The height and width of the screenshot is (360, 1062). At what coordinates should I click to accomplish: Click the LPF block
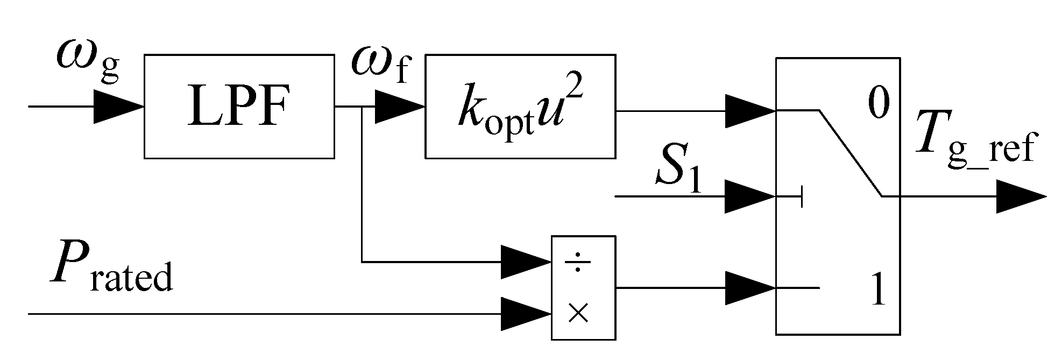[x=239, y=106]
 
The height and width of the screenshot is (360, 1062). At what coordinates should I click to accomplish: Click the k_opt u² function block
[x=520, y=106]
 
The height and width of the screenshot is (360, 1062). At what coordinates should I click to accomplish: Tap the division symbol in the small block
[x=578, y=263]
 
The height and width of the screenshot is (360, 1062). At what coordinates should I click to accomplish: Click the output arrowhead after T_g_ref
[x=1019, y=196]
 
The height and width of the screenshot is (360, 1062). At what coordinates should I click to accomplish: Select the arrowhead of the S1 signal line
[x=749, y=196]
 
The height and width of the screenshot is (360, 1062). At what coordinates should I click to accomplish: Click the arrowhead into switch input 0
[x=749, y=111]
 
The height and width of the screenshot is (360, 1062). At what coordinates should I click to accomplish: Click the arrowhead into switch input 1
[x=749, y=288]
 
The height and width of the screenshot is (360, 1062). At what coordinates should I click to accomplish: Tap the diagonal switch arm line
[x=850, y=153]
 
